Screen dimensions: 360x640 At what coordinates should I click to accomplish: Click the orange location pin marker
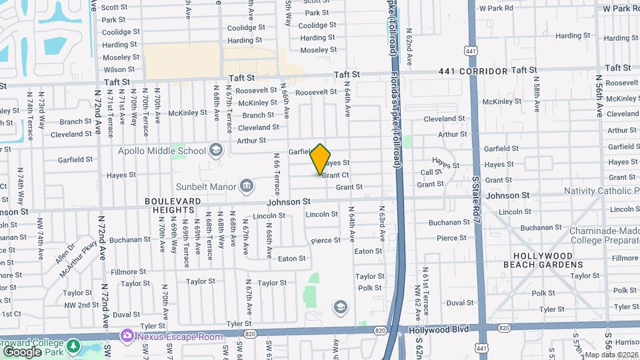click(320, 159)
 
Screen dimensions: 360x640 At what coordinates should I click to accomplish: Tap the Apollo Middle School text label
click(162, 151)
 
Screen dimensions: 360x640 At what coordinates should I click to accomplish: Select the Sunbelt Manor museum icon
click(246, 185)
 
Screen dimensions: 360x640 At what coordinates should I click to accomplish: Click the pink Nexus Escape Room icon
click(125, 337)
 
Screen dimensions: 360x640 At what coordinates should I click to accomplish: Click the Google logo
click(22, 351)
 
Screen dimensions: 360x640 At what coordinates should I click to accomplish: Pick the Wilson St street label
click(119, 69)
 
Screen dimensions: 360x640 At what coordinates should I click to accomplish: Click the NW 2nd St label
click(82, 305)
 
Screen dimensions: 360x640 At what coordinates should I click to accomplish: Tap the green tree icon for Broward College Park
click(73, 347)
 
